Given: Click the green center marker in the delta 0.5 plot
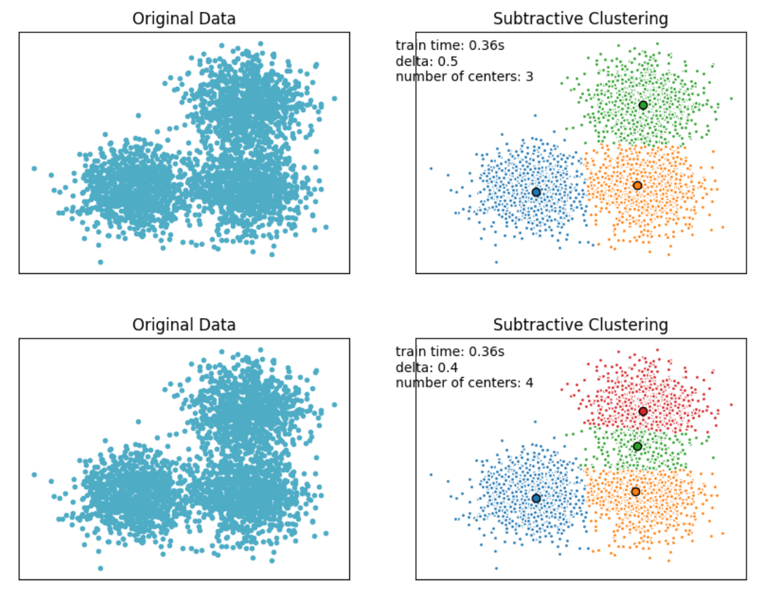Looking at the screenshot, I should coord(643,105).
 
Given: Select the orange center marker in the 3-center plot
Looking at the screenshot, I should coord(637,186).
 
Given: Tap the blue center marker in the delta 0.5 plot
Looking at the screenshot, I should coord(536,192).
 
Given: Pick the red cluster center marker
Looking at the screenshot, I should coord(643,411).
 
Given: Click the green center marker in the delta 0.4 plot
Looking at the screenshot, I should coord(637,446).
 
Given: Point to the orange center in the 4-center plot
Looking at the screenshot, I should coord(635,492).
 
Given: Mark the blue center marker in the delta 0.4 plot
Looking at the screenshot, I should coord(536,498).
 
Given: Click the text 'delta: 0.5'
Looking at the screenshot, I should coord(428,62).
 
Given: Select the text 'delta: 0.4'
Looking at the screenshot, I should coord(428,368).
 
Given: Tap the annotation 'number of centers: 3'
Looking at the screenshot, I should coord(464,77).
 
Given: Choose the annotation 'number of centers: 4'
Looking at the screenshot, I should coord(464,383).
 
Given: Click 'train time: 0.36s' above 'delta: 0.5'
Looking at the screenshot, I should coord(450,46).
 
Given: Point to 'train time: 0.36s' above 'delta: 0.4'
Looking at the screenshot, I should coord(450,352).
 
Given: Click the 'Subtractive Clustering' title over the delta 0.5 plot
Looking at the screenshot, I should coord(580,19).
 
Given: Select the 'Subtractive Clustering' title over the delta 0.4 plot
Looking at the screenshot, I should coord(580,325).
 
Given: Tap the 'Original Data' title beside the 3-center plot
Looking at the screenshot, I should coord(184,19).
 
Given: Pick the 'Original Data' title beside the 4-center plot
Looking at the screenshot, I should coord(184,325).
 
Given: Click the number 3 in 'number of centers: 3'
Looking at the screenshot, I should coord(529,77).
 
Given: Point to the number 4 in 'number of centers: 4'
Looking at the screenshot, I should coord(529,383).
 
